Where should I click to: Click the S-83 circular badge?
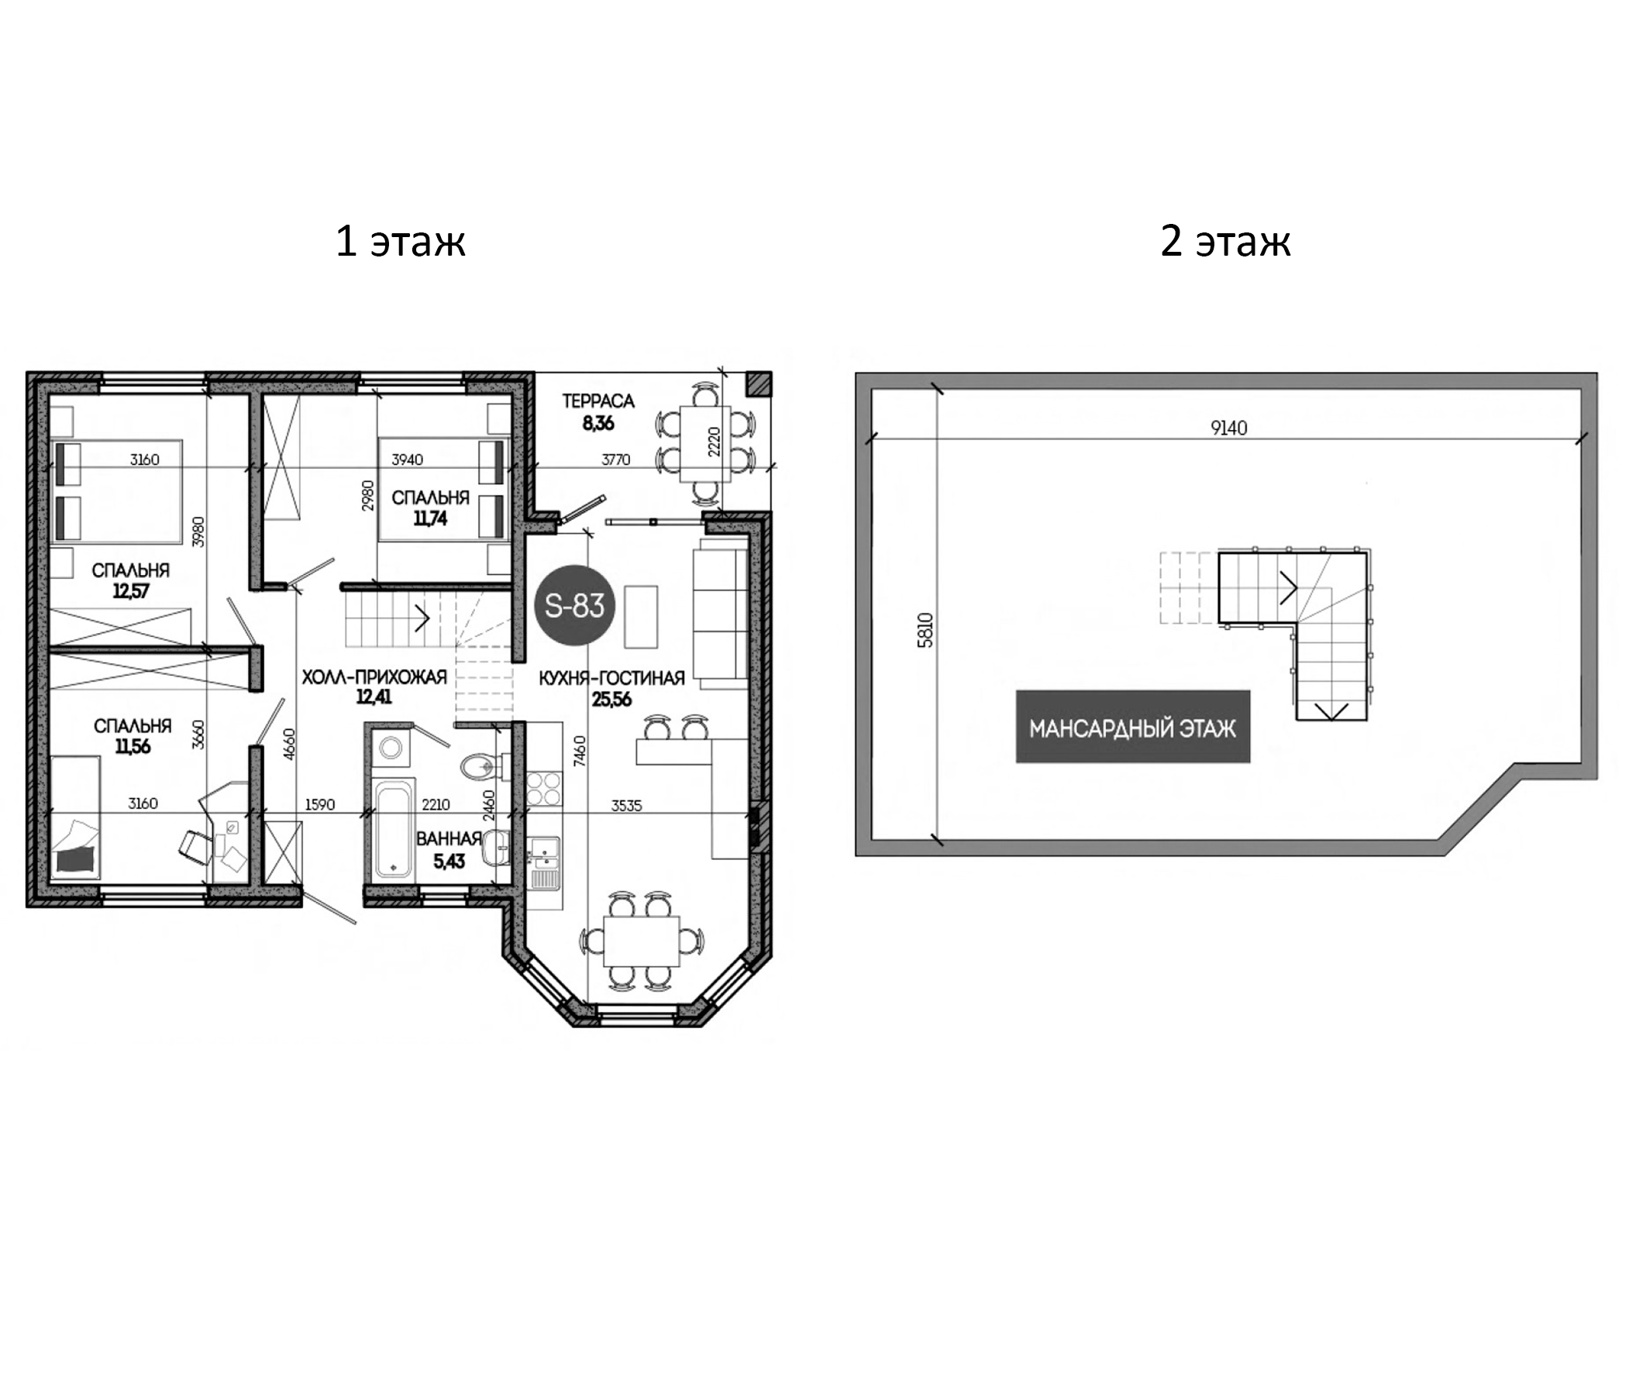(574, 606)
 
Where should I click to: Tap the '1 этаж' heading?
(400, 240)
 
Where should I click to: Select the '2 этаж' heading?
(1225, 240)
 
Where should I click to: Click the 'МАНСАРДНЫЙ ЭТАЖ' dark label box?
(1133, 728)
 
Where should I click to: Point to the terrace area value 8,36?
(598, 424)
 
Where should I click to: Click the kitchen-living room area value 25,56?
(611, 700)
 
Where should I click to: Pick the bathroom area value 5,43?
(449, 862)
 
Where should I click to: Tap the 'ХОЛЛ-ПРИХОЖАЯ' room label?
(374, 677)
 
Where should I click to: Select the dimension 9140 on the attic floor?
(1229, 428)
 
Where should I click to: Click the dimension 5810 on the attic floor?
(926, 630)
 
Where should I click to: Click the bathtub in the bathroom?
(394, 828)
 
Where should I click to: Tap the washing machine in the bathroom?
(391, 746)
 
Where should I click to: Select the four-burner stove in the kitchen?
(543, 789)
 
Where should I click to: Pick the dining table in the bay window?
(642, 941)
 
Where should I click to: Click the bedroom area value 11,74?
(430, 518)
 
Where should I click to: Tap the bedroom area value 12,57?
(130, 591)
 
